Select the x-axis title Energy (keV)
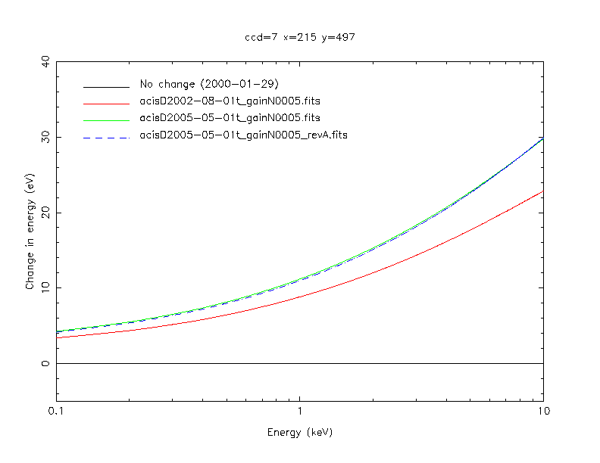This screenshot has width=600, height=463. (299, 433)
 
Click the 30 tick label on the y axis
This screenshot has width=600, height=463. (47, 137)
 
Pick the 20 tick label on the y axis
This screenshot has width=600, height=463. (47, 213)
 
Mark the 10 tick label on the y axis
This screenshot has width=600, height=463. (47, 288)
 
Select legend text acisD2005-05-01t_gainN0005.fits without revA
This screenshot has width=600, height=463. (230, 118)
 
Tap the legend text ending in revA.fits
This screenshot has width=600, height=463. (244, 135)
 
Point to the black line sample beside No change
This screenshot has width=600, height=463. (106, 84)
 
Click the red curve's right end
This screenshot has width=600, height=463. (542, 191)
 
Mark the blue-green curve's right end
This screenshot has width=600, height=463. (542, 138)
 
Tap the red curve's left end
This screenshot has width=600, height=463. (57, 337)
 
